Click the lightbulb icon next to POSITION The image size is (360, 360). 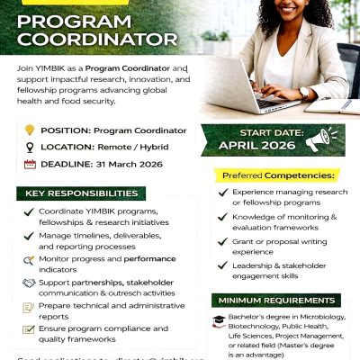click(31, 130)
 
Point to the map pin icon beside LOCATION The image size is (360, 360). click(31, 147)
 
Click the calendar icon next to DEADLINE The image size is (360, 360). click(31, 164)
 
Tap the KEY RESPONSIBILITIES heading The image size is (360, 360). click(80, 193)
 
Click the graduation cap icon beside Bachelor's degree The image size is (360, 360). click(218, 320)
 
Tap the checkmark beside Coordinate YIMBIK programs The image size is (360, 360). click(30, 211)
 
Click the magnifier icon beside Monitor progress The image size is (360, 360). click(30, 260)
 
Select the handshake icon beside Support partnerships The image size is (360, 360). click(30, 284)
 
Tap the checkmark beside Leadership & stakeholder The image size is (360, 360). click(222, 266)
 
